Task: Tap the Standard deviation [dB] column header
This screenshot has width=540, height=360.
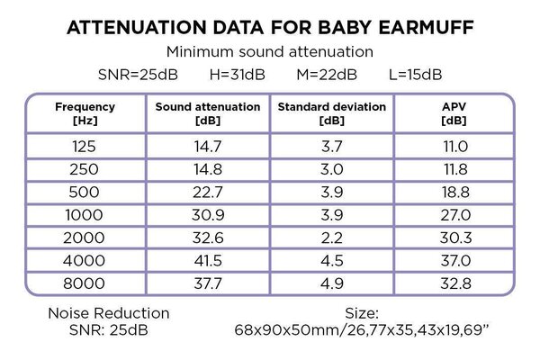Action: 331,112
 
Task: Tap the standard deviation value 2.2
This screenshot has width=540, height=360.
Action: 331,239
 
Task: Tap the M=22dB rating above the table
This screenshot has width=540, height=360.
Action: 328,73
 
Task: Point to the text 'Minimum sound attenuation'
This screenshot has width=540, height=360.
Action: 270,52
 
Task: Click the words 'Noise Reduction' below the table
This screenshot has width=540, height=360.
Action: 110,313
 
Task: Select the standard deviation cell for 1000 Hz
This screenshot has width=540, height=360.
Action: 331,216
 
